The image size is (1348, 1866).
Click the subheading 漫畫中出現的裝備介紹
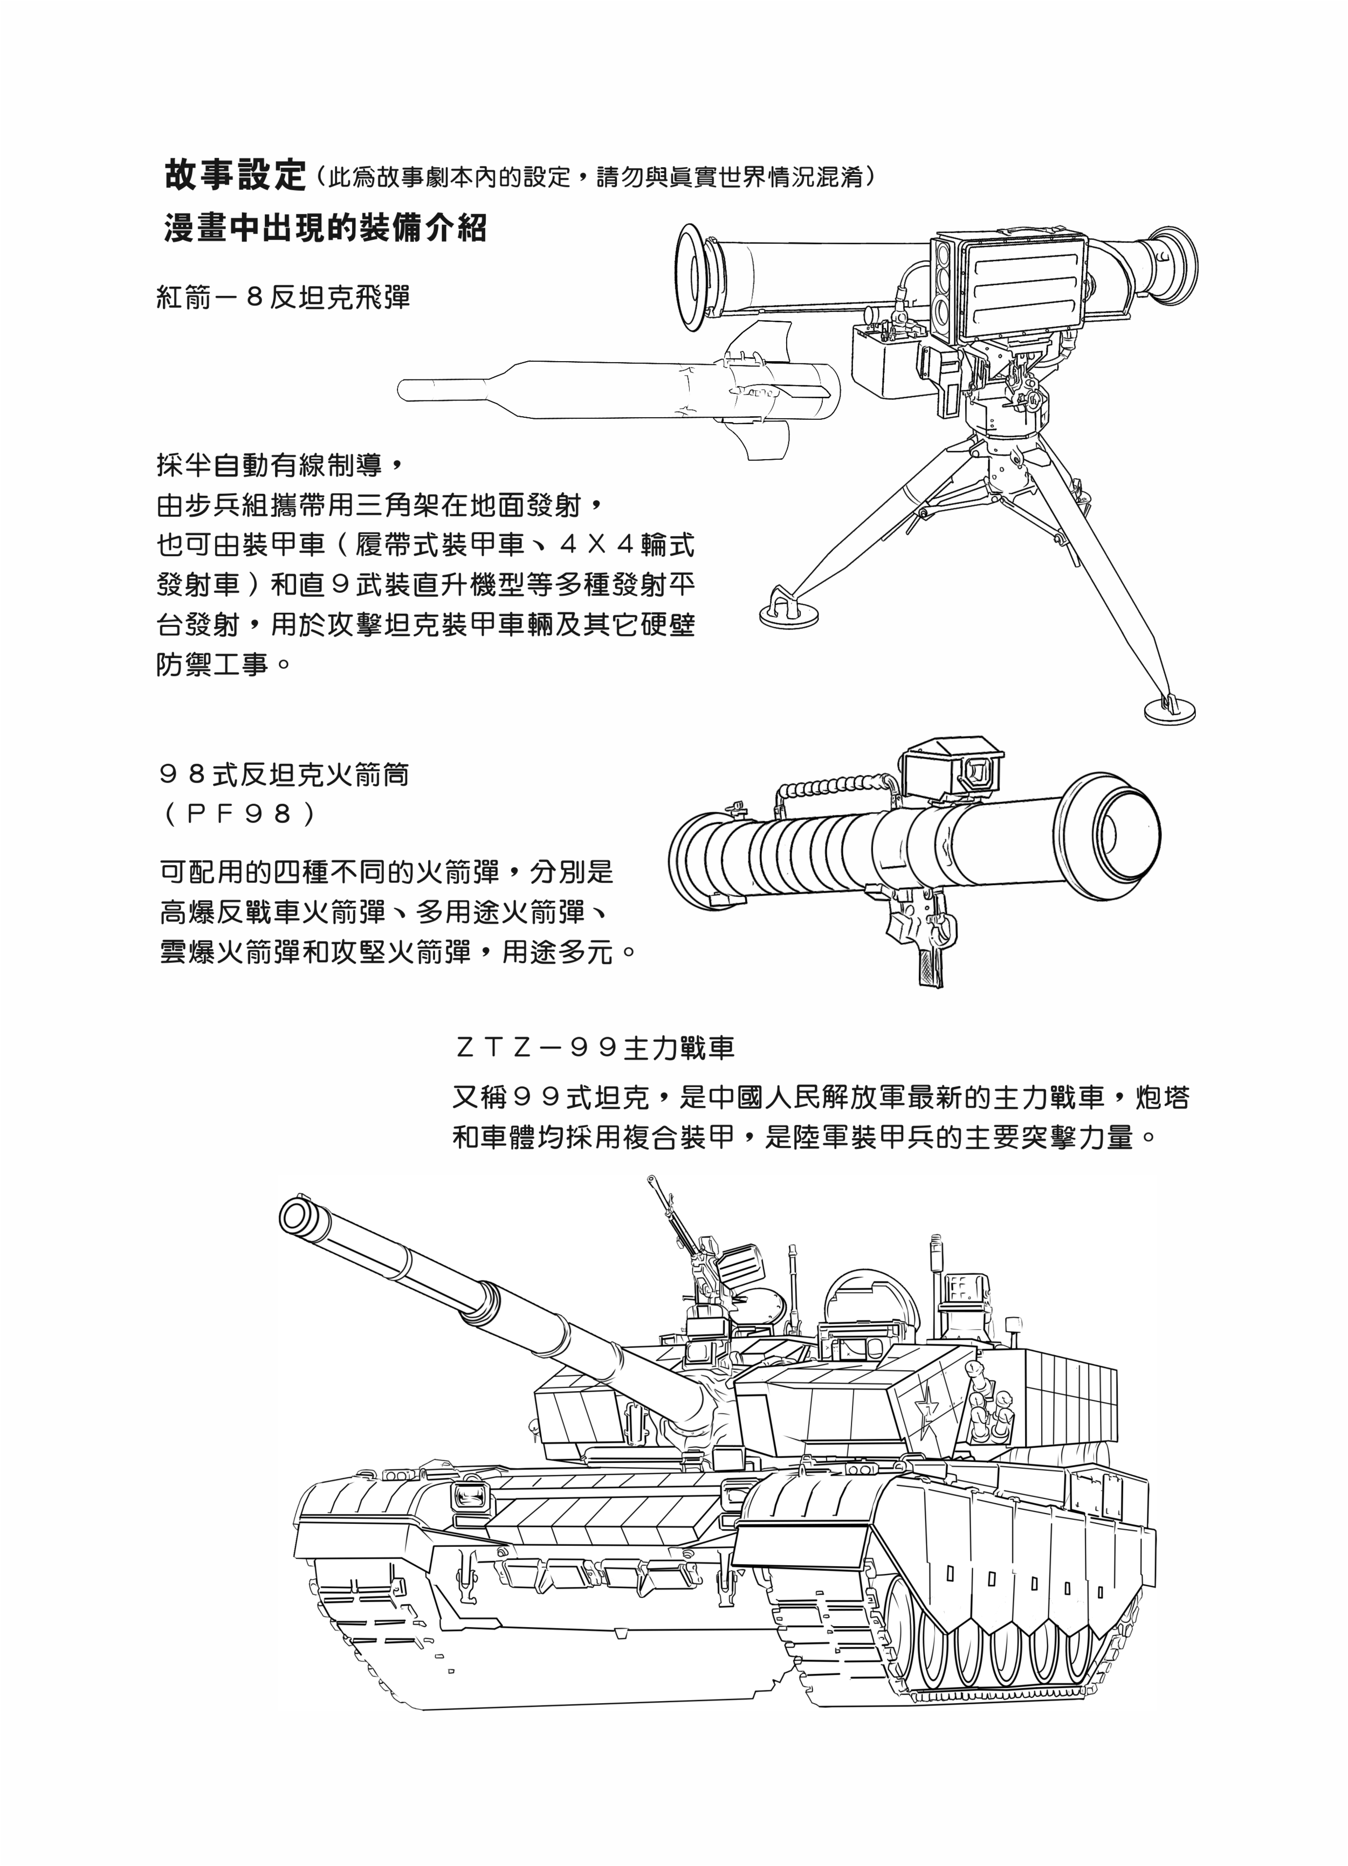pyautogui.click(x=326, y=228)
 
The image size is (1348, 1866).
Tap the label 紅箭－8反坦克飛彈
pyautogui.click(x=283, y=296)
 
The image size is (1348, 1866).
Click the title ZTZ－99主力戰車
pyautogui.click(x=594, y=1047)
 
